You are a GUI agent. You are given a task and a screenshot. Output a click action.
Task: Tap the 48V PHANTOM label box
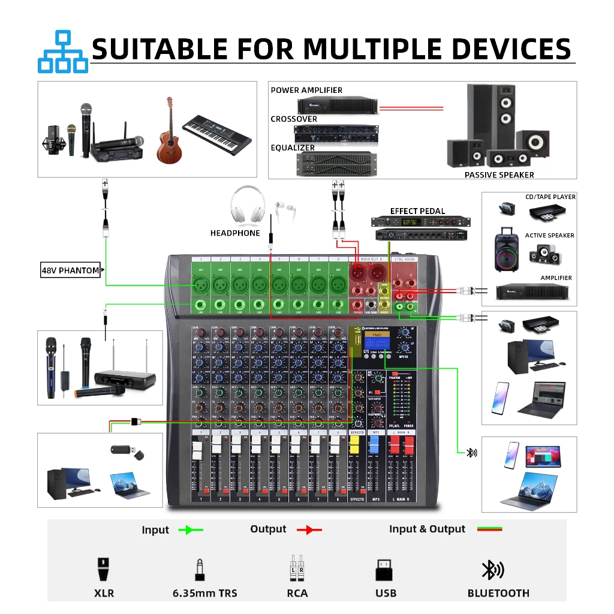point(70,270)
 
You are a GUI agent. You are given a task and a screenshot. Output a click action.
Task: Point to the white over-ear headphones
point(248,204)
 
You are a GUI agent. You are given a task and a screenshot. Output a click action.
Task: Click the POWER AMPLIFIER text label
point(306,90)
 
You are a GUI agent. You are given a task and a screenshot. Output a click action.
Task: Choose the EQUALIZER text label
point(293,148)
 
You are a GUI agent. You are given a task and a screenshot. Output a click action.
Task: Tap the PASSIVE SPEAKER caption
point(499,175)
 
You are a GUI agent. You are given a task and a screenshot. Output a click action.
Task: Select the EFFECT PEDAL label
point(417,211)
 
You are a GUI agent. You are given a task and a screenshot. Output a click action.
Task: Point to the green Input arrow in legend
point(191,530)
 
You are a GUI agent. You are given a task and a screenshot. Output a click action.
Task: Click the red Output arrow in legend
point(309,530)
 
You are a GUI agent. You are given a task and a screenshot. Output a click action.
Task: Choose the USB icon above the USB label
point(385,570)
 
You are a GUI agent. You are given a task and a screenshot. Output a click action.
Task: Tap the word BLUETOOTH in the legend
point(498,593)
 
